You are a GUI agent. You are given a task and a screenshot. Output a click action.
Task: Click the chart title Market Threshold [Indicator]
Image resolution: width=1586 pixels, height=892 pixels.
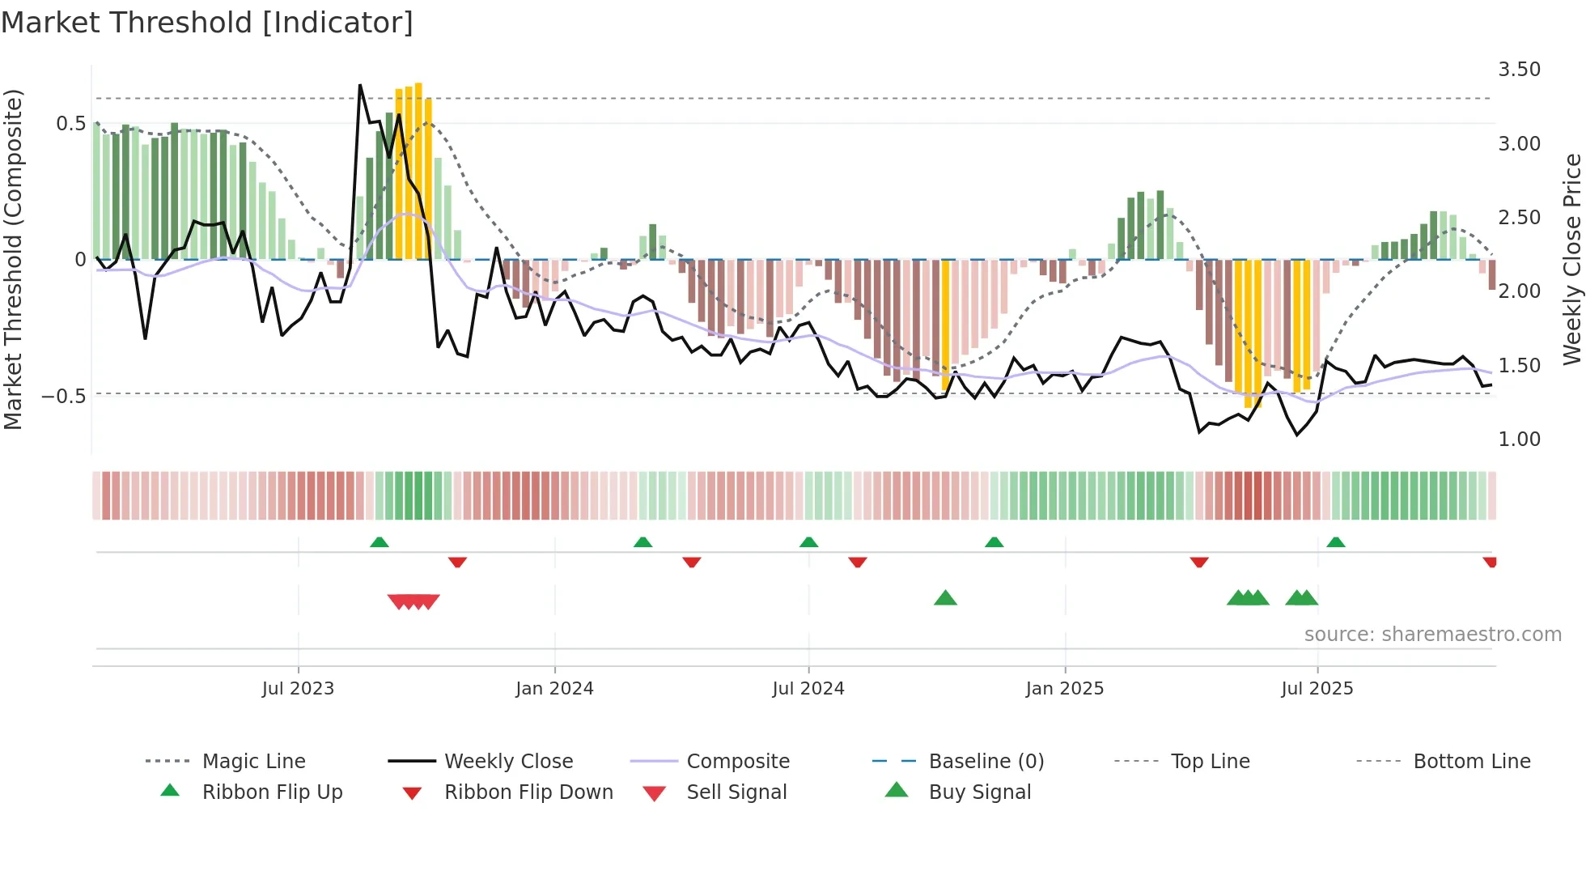(207, 23)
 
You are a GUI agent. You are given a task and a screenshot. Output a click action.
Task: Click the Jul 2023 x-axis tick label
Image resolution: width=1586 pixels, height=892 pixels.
(298, 689)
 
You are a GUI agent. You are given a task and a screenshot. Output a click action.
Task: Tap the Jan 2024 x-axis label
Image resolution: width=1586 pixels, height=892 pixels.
(554, 689)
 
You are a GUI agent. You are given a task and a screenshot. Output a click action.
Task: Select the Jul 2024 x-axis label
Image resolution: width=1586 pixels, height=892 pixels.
(808, 689)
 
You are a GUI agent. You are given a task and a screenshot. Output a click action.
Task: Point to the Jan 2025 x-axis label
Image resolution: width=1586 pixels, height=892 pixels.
(1064, 689)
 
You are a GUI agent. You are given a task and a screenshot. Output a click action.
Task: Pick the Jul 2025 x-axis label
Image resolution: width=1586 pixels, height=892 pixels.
(1317, 689)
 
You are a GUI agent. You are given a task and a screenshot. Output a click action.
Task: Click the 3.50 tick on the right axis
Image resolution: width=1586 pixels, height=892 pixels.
(1519, 70)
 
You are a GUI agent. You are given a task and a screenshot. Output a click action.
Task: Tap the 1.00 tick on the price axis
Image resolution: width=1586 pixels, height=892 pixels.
(1519, 440)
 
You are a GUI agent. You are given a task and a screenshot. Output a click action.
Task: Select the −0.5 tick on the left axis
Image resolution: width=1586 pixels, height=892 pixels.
(64, 397)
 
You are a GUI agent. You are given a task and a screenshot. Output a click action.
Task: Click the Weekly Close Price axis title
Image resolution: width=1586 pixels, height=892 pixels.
(1571, 259)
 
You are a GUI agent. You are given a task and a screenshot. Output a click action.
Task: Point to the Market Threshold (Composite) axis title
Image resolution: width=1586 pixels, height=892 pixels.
(13, 259)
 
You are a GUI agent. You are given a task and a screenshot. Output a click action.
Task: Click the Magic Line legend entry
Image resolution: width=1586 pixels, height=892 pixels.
(253, 762)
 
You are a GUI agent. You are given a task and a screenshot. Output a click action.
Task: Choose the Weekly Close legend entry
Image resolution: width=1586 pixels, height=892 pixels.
(508, 762)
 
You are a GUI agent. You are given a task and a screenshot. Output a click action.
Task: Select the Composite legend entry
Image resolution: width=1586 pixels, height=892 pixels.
(738, 762)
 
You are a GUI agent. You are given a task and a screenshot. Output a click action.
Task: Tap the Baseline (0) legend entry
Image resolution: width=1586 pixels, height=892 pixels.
(986, 762)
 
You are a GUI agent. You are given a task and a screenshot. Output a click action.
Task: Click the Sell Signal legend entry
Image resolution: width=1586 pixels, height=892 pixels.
(736, 792)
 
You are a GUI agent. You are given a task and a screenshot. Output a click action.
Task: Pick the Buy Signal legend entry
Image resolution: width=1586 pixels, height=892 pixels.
(979, 792)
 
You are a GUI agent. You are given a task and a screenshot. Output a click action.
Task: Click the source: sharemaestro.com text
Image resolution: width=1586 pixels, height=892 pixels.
(1432, 635)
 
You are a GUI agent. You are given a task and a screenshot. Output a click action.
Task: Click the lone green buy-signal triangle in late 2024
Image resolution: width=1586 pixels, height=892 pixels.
(945, 598)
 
